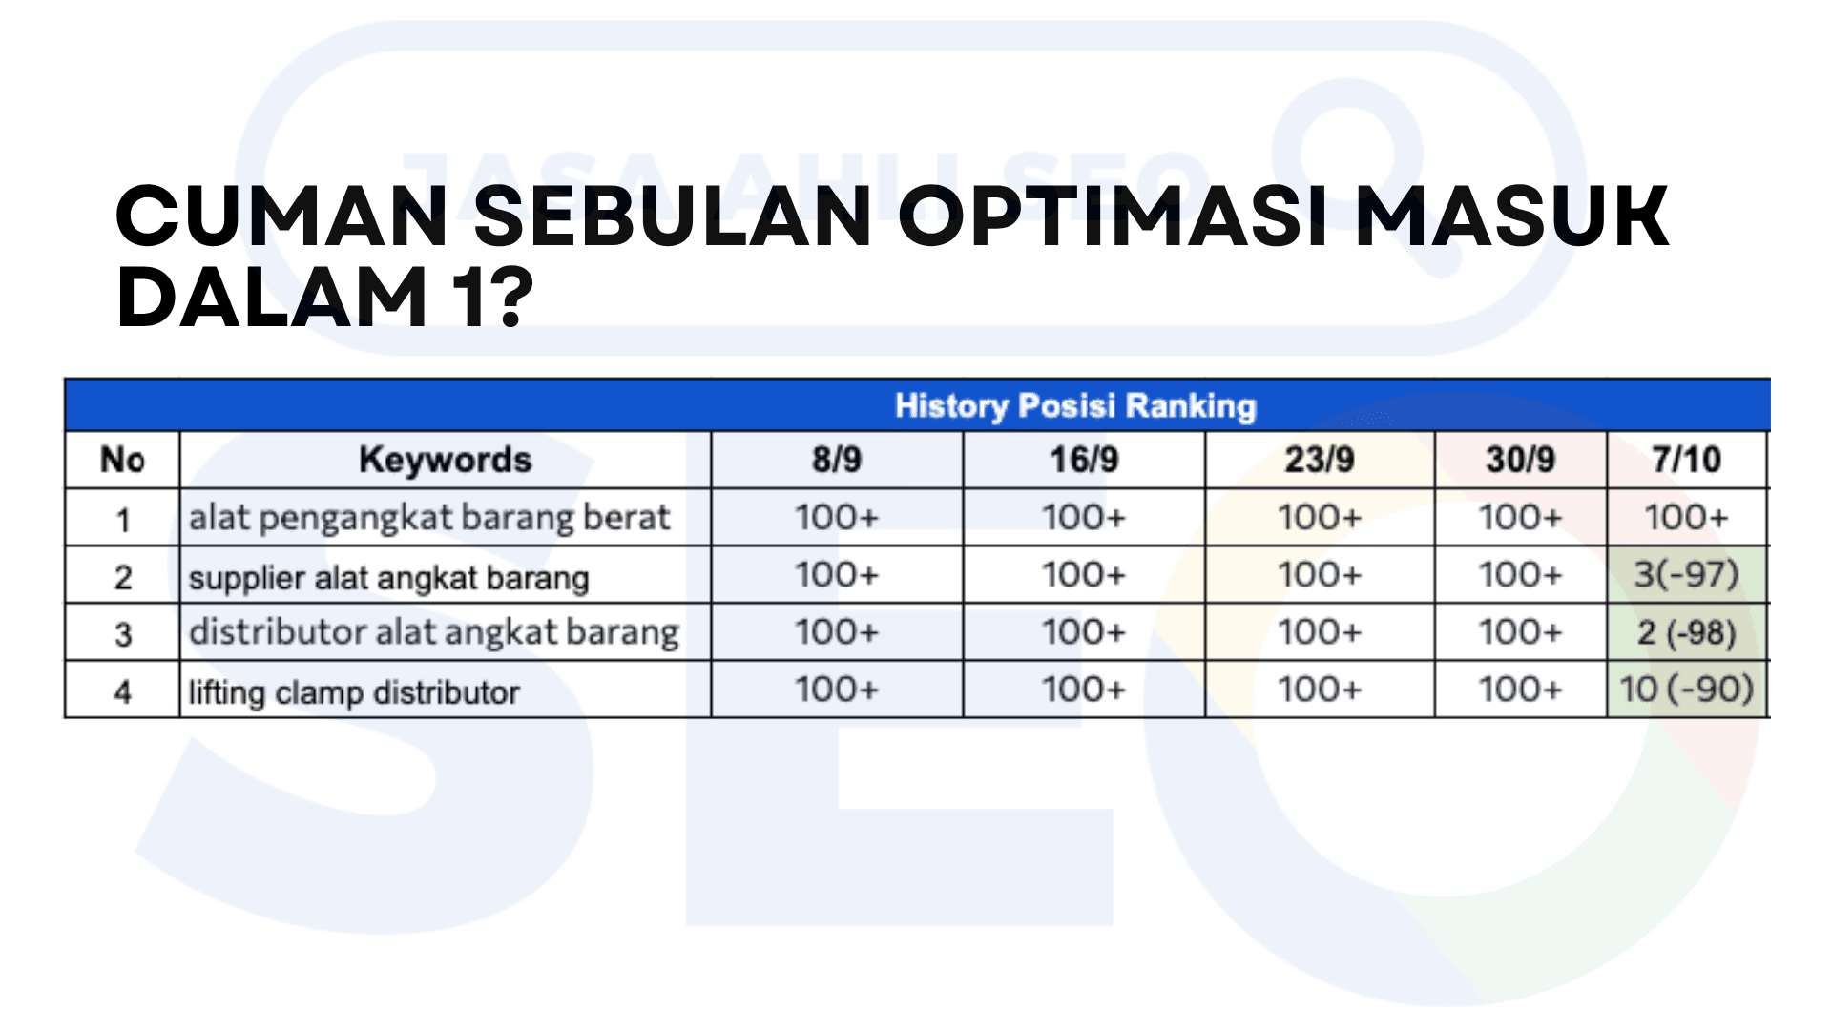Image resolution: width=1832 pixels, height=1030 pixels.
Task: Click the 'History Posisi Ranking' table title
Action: tap(1075, 406)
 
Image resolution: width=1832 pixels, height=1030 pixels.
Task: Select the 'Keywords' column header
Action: tap(445, 460)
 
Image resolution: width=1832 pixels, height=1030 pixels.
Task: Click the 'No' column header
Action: tap(122, 460)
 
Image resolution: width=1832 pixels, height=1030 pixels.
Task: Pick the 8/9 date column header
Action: tap(837, 460)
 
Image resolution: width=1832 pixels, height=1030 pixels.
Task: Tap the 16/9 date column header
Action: tap(1084, 460)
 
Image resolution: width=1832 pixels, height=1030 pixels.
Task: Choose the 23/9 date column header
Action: tap(1320, 460)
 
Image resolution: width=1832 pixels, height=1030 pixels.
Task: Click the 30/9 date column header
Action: tap(1520, 460)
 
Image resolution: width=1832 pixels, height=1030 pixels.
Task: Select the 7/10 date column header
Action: tap(1687, 460)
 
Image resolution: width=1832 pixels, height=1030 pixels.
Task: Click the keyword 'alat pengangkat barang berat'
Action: tap(429, 519)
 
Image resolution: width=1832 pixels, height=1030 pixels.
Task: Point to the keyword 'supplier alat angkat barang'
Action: tap(389, 578)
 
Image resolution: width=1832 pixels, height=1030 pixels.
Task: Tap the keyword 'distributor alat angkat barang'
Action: tap(434, 632)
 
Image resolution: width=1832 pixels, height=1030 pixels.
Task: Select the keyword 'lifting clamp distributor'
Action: tap(354, 691)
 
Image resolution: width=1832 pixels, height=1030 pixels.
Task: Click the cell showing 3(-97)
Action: tap(1687, 575)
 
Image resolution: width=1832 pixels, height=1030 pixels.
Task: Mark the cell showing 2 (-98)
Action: tap(1687, 632)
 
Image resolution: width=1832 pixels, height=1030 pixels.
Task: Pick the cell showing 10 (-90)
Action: tap(1687, 690)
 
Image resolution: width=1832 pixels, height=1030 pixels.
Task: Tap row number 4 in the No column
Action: tap(123, 691)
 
